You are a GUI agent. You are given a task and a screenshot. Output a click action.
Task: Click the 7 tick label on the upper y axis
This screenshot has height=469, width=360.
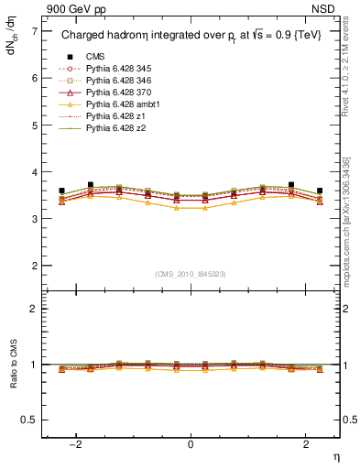[34, 31]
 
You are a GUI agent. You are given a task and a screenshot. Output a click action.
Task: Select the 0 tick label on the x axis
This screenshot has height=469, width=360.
[191, 443]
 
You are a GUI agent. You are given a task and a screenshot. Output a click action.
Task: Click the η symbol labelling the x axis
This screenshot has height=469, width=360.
[335, 457]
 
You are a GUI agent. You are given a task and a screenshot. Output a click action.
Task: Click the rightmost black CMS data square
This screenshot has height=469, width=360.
[320, 191]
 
